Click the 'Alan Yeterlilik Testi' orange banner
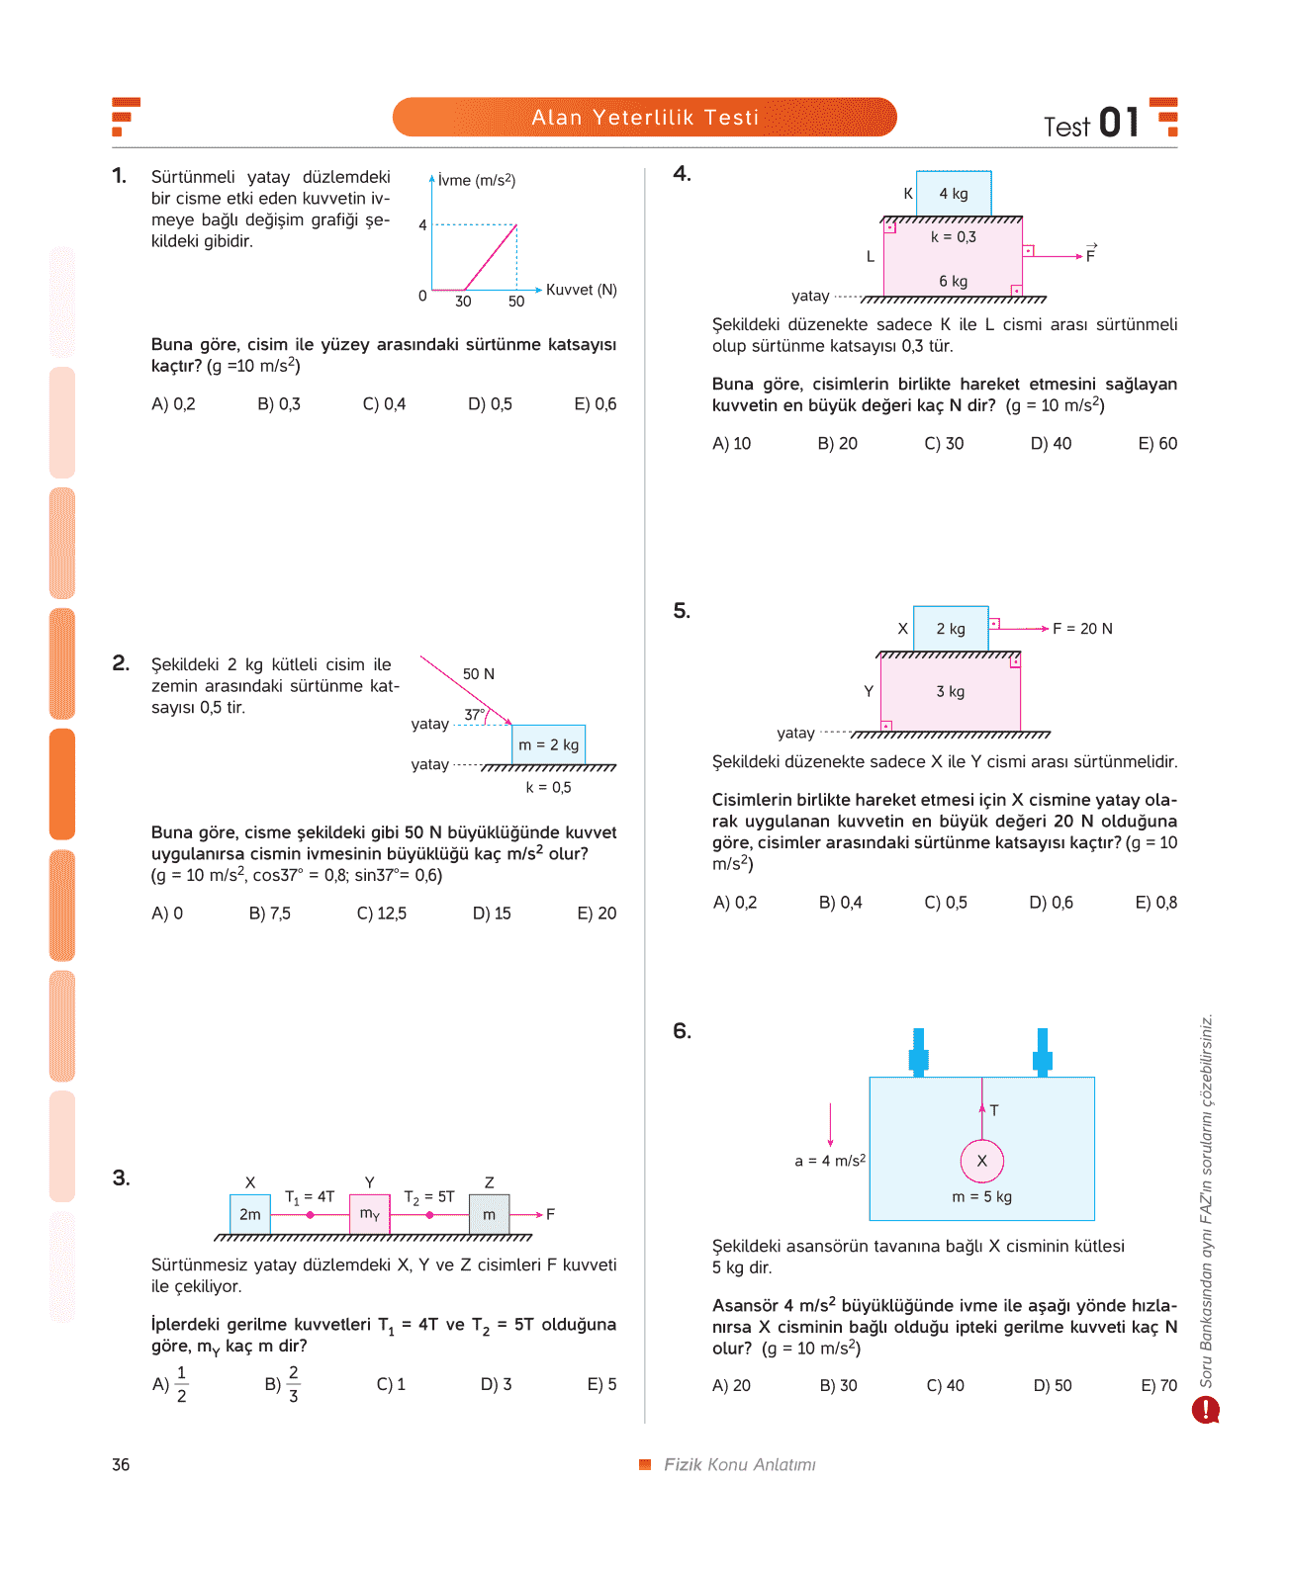pyautogui.click(x=644, y=117)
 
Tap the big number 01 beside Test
pyautogui.click(x=1119, y=123)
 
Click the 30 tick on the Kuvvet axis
pyautogui.click(x=463, y=302)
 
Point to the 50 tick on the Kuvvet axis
pyautogui.click(x=516, y=302)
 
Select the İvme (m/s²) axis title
pyautogui.click(x=476, y=180)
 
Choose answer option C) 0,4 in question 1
pyautogui.click(x=384, y=404)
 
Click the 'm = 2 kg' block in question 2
pyautogui.click(x=548, y=743)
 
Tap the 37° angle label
pyautogui.click(x=474, y=714)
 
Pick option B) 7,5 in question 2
pyautogui.click(x=269, y=913)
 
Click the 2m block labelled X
pyautogui.click(x=250, y=1214)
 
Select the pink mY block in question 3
pyautogui.click(x=370, y=1214)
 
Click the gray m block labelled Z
pyautogui.click(x=489, y=1214)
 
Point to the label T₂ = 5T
pyautogui.click(x=429, y=1197)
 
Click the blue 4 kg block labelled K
pyautogui.click(x=954, y=194)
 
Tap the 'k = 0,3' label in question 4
pyautogui.click(x=954, y=236)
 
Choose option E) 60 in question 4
pyautogui.click(x=1157, y=443)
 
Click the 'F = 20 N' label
pyautogui.click(x=1082, y=629)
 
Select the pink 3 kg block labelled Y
pyautogui.click(x=951, y=693)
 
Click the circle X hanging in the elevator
pyautogui.click(x=981, y=1161)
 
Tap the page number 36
pyautogui.click(x=121, y=1464)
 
